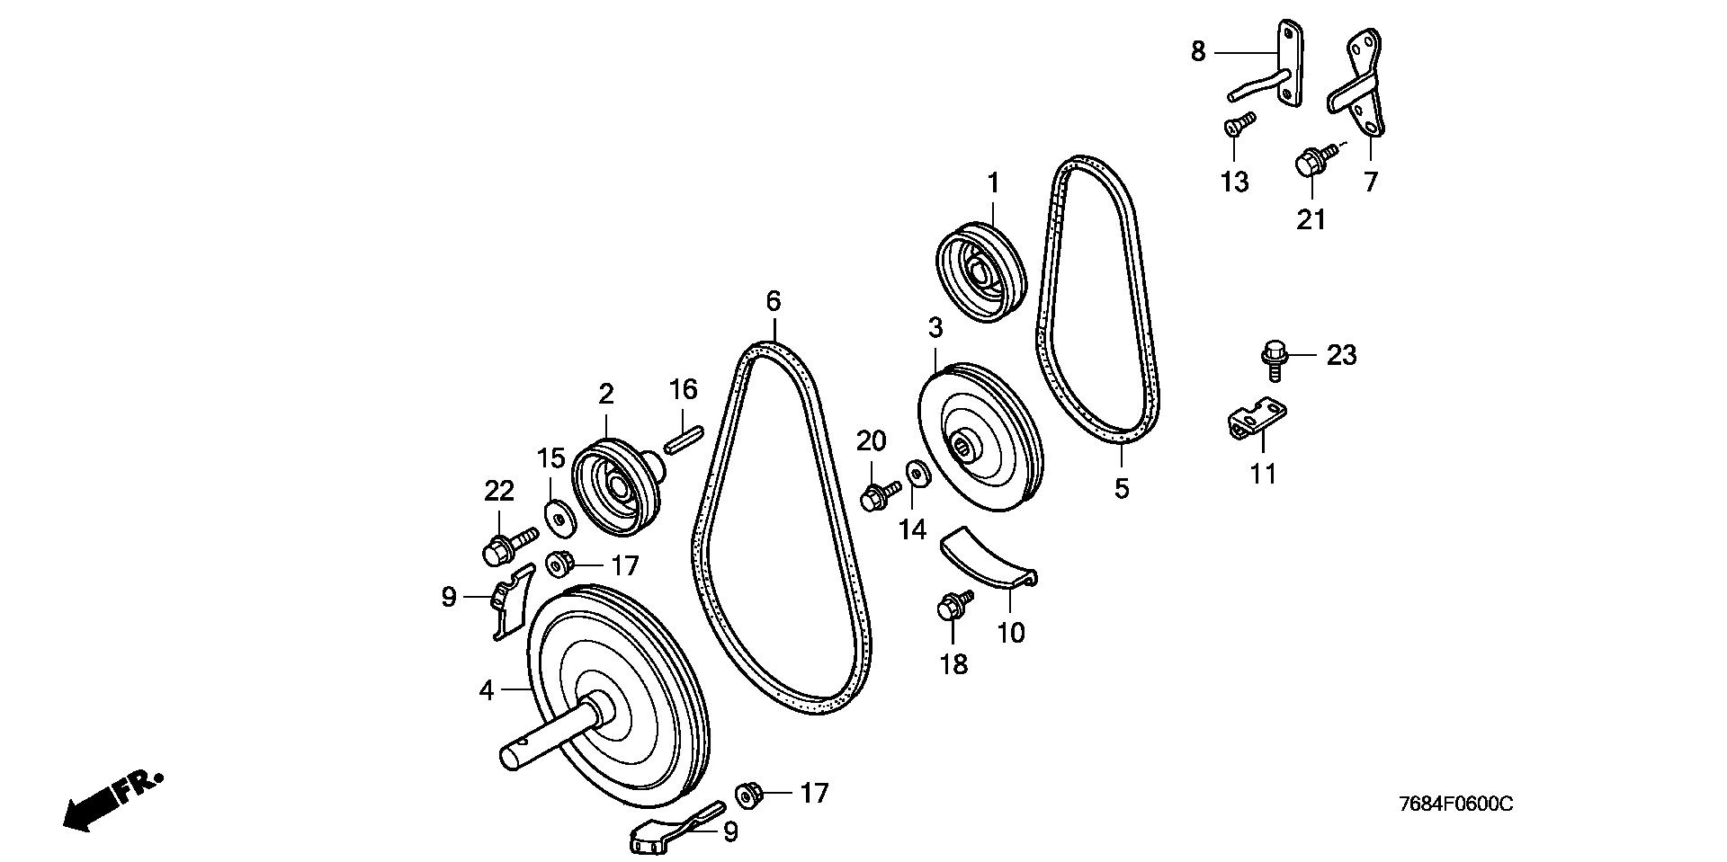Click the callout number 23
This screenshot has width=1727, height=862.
click(x=1341, y=356)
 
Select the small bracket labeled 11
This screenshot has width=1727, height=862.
click(x=1257, y=419)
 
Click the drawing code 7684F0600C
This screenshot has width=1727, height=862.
click(x=1455, y=804)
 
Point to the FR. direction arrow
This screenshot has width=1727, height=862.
click(x=112, y=800)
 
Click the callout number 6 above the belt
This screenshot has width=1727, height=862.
click(x=774, y=301)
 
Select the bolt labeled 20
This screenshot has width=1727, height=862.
click(x=877, y=493)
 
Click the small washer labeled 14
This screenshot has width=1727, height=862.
click(x=917, y=472)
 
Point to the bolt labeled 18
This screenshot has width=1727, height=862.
click(x=952, y=604)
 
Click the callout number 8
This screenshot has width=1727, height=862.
click(x=1197, y=51)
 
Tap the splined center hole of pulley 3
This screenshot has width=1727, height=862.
click(x=968, y=443)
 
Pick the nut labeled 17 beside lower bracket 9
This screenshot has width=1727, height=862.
click(x=748, y=794)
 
